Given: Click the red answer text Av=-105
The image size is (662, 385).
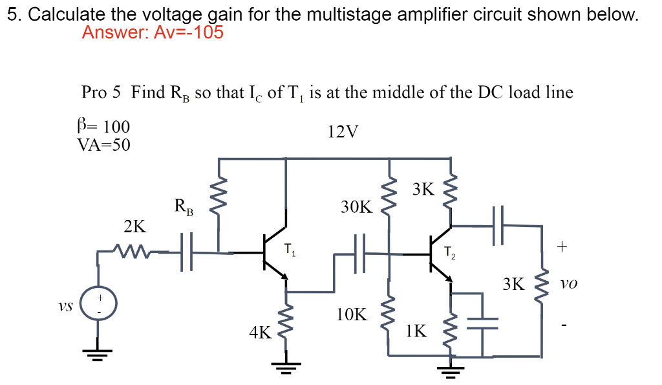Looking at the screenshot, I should [153, 32].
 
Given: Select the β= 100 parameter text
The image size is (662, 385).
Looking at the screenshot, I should [103, 126].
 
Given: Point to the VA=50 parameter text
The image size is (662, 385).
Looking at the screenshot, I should [103, 145].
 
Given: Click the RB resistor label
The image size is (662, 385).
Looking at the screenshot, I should [183, 207].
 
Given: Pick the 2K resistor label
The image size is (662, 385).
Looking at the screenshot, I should [134, 226].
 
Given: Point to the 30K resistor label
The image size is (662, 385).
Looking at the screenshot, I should [356, 207].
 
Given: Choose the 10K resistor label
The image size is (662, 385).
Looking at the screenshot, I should [352, 315].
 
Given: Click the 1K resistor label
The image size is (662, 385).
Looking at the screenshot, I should [416, 331].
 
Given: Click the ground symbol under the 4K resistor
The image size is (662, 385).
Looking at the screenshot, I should [285, 368].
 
